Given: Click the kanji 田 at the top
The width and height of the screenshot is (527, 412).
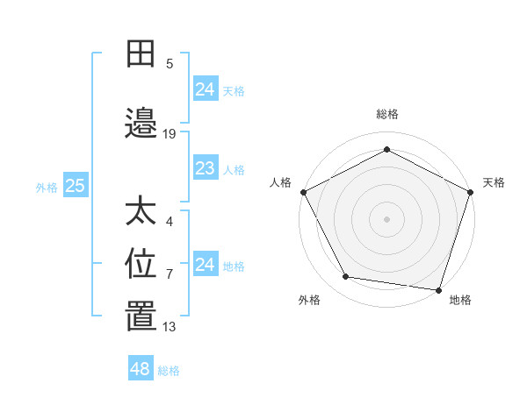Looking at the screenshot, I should [x=141, y=54].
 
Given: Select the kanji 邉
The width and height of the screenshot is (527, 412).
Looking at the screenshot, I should [x=141, y=125].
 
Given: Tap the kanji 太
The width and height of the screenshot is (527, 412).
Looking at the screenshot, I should [x=141, y=213].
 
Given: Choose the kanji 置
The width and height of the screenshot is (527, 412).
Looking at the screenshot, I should [x=141, y=318].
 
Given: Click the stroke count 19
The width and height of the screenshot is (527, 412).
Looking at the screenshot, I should [x=170, y=134].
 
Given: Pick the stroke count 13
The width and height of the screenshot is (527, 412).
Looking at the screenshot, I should [x=170, y=327].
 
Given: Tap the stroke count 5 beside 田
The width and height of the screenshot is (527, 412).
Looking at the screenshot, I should [x=170, y=63].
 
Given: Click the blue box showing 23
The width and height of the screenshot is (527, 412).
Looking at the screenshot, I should [x=205, y=168].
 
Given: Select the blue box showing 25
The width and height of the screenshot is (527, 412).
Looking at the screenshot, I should [x=75, y=186].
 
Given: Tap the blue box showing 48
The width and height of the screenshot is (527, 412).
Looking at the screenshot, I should [x=140, y=369].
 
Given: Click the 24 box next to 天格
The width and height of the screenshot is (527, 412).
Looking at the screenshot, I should [x=205, y=89].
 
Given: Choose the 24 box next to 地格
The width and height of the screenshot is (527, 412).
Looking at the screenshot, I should [x=205, y=265].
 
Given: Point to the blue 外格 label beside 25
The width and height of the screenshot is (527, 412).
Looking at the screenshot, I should [x=47, y=187].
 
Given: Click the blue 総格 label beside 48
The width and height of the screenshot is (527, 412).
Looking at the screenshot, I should [x=169, y=371].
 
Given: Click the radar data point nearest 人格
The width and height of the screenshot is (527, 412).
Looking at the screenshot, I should [x=303, y=191].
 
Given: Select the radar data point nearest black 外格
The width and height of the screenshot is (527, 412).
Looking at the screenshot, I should [x=346, y=277].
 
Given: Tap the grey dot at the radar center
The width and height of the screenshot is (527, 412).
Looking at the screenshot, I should [x=386, y=218].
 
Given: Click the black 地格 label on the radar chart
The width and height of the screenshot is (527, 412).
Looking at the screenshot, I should [x=460, y=301].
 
